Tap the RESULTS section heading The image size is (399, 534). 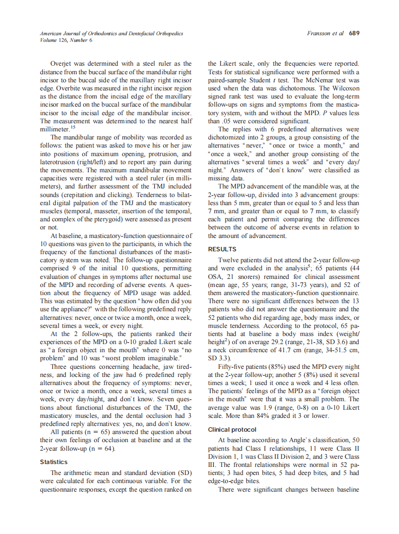(222, 249)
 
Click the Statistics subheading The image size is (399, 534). (54, 462)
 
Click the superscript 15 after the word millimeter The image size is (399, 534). (73, 127)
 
